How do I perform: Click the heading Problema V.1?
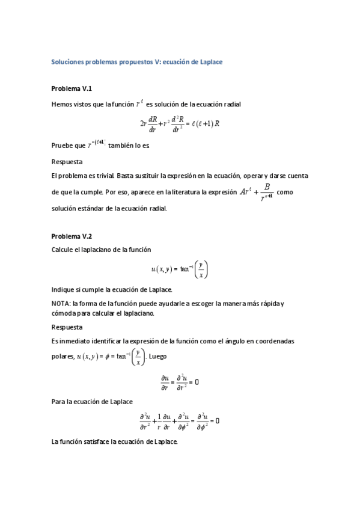[72, 88]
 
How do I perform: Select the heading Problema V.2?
[72, 236]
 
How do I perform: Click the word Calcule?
[64, 250]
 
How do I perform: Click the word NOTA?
[61, 304]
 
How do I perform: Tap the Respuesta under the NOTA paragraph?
[67, 327]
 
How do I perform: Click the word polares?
[63, 357]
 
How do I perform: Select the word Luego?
[158, 357]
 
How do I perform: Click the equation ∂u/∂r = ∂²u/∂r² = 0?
[180, 381]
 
